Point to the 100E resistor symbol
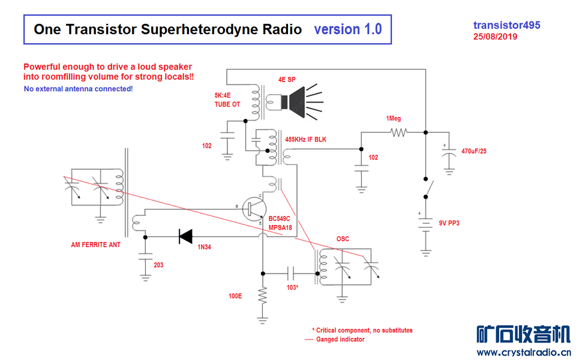pyautogui.click(x=262, y=296)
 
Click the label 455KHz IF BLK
pyautogui.click(x=305, y=140)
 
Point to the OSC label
pyautogui.click(x=343, y=239)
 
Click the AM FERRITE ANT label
pyautogui.click(x=96, y=245)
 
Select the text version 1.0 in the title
pyautogui.click(x=347, y=29)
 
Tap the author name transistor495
pyautogui.click(x=506, y=25)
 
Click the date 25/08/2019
pyautogui.click(x=495, y=36)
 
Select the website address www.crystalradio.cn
pyautogui.click(x=523, y=352)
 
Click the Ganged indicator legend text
pyautogui.click(x=340, y=340)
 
